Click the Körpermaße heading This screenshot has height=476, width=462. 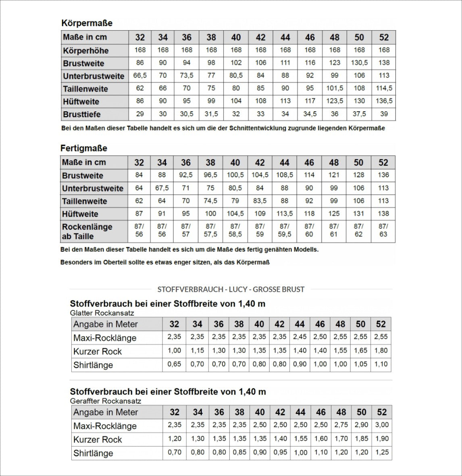tap(87, 23)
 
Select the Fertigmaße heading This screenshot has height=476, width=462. tap(84, 148)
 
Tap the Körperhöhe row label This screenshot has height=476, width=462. tap(86, 51)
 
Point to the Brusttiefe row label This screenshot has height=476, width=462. tap(82, 114)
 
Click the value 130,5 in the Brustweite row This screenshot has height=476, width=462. tap(359, 63)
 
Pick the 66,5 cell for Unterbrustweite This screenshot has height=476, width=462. tap(140, 76)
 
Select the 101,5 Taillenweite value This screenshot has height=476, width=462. tap(335, 88)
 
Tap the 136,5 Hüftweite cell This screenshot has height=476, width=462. tap(384, 101)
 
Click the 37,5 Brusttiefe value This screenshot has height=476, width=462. tap(359, 114)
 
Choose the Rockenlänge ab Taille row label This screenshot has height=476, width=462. tap(87, 231)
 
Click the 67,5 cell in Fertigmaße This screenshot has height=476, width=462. tap(162, 188)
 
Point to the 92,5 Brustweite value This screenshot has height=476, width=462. tap(186, 175)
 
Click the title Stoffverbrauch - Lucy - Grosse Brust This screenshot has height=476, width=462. tap(231, 289)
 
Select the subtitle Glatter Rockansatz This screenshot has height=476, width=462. tap(102, 313)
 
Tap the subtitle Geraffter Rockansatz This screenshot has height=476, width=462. tap(106, 401)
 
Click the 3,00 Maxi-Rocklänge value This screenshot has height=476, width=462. tap(382, 425)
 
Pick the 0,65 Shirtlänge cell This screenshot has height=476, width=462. tap(174, 364)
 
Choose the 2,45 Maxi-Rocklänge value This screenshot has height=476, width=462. tap(300, 337)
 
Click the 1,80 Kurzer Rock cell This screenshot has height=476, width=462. tap(381, 351)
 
